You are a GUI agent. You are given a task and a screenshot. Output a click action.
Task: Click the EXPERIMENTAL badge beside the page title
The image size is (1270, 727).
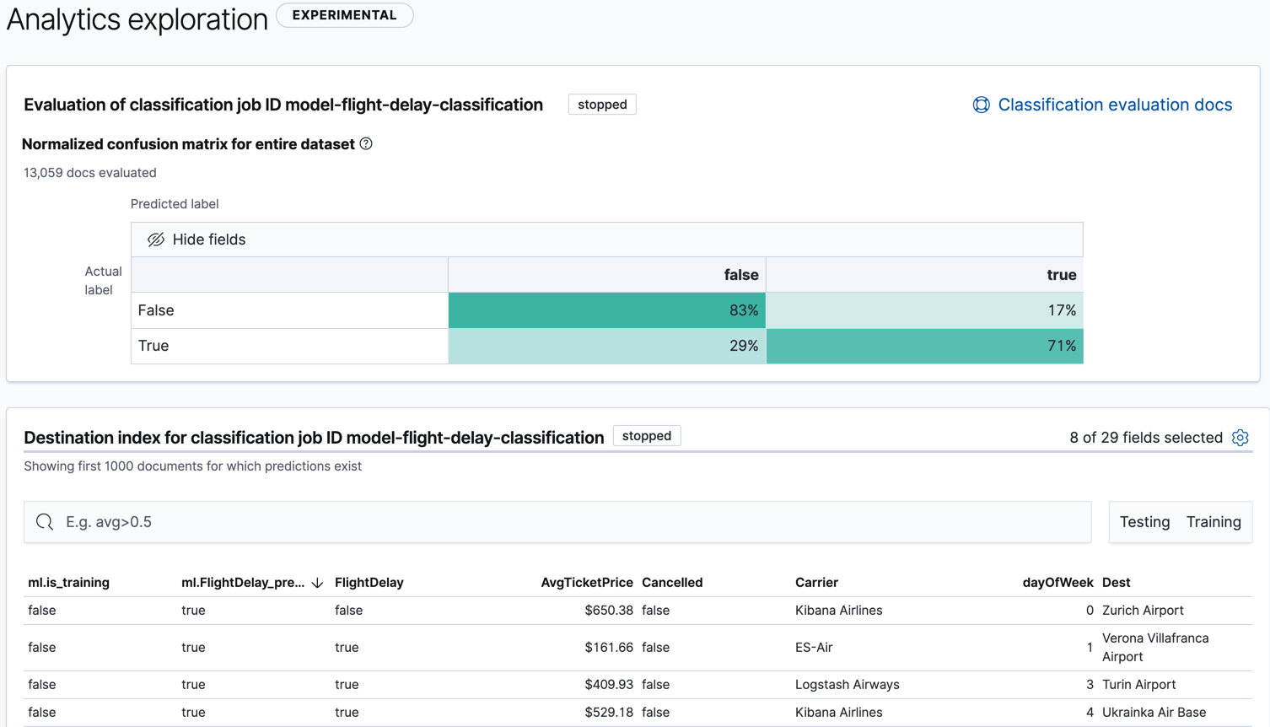344,15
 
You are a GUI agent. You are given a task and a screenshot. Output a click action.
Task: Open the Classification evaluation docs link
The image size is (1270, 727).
1114,105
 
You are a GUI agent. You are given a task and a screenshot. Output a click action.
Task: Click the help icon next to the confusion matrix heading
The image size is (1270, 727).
366,144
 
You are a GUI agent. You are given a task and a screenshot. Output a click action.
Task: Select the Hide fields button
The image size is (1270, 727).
196,240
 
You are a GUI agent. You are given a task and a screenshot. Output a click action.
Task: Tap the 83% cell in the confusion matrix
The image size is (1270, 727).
607,310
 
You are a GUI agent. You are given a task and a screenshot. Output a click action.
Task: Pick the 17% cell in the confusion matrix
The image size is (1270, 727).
924,310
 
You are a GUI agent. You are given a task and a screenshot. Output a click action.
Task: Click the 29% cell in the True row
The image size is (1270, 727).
607,346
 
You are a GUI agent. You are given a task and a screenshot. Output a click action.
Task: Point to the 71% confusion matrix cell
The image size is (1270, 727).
924,346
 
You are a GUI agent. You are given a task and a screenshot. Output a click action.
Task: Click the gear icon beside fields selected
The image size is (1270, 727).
1240,438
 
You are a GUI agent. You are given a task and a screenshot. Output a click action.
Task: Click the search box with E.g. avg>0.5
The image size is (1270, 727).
557,522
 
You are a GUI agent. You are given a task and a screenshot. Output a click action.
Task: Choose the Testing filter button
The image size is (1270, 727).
1144,522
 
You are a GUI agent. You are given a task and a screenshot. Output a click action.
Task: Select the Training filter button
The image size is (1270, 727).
1213,522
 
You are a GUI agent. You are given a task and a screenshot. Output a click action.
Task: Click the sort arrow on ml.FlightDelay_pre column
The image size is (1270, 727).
318,583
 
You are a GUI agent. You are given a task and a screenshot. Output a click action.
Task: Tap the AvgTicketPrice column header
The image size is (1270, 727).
586,583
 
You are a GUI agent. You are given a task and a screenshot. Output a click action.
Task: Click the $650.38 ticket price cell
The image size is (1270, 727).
608,611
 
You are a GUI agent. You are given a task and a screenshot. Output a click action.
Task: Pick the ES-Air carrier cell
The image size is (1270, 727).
814,648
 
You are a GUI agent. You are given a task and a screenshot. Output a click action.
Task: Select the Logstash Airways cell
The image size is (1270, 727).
847,685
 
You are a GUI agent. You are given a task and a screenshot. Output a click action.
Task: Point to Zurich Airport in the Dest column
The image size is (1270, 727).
1143,611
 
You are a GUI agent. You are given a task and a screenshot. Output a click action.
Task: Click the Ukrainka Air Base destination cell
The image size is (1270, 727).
1154,713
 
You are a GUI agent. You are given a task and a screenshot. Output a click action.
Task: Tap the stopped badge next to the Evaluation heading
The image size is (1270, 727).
602,105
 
